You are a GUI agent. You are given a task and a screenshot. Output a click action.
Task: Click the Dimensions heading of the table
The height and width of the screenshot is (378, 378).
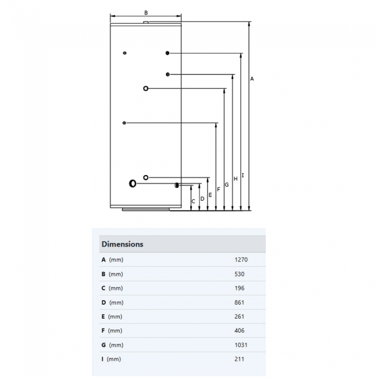tap(122, 244)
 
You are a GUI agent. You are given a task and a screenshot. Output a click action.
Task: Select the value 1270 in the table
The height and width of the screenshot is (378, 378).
tap(240, 260)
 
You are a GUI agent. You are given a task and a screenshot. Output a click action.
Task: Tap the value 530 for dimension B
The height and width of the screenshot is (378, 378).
tap(239, 274)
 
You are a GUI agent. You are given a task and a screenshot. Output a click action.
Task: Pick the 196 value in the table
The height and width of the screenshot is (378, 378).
tap(239, 288)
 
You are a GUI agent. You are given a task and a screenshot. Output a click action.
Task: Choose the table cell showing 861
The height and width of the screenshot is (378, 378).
tap(239, 302)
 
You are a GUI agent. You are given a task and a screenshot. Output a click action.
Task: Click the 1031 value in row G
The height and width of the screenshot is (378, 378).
tap(240, 345)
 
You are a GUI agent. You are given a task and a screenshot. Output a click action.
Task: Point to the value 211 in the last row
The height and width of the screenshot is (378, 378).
tap(239, 359)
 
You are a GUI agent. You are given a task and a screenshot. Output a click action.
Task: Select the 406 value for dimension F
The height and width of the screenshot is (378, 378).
tap(239, 331)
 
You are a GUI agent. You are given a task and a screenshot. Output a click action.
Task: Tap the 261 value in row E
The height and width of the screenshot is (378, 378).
tap(239, 316)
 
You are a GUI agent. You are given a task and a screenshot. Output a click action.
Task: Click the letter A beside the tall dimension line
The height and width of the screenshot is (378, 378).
tap(252, 79)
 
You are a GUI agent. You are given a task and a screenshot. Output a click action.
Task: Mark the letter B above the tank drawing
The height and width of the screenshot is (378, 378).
tap(146, 12)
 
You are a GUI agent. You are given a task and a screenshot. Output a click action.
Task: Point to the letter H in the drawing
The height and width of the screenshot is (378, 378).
tap(236, 179)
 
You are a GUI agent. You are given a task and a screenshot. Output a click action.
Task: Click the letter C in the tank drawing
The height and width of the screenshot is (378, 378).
tap(194, 202)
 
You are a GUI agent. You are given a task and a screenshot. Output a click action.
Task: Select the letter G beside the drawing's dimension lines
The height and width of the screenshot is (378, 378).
tap(226, 184)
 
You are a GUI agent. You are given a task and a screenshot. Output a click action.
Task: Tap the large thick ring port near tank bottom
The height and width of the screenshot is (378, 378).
tap(133, 184)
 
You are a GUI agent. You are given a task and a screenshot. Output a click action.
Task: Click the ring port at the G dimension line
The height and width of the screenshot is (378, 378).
tap(145, 88)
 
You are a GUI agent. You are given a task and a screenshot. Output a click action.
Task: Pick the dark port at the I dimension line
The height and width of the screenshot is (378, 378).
tap(167, 54)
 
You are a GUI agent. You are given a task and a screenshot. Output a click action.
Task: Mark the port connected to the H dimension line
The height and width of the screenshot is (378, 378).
tap(167, 74)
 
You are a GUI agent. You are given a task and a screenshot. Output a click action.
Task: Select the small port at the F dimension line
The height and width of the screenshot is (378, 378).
tap(124, 123)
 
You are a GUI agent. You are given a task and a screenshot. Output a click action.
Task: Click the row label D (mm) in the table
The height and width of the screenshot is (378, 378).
tap(112, 302)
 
